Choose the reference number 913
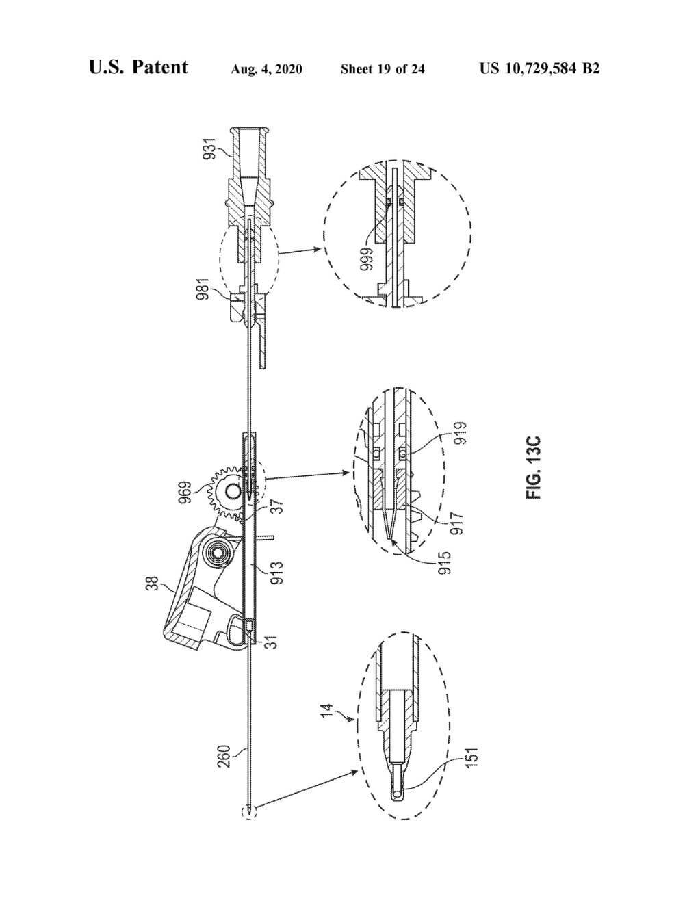pos(276,572)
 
